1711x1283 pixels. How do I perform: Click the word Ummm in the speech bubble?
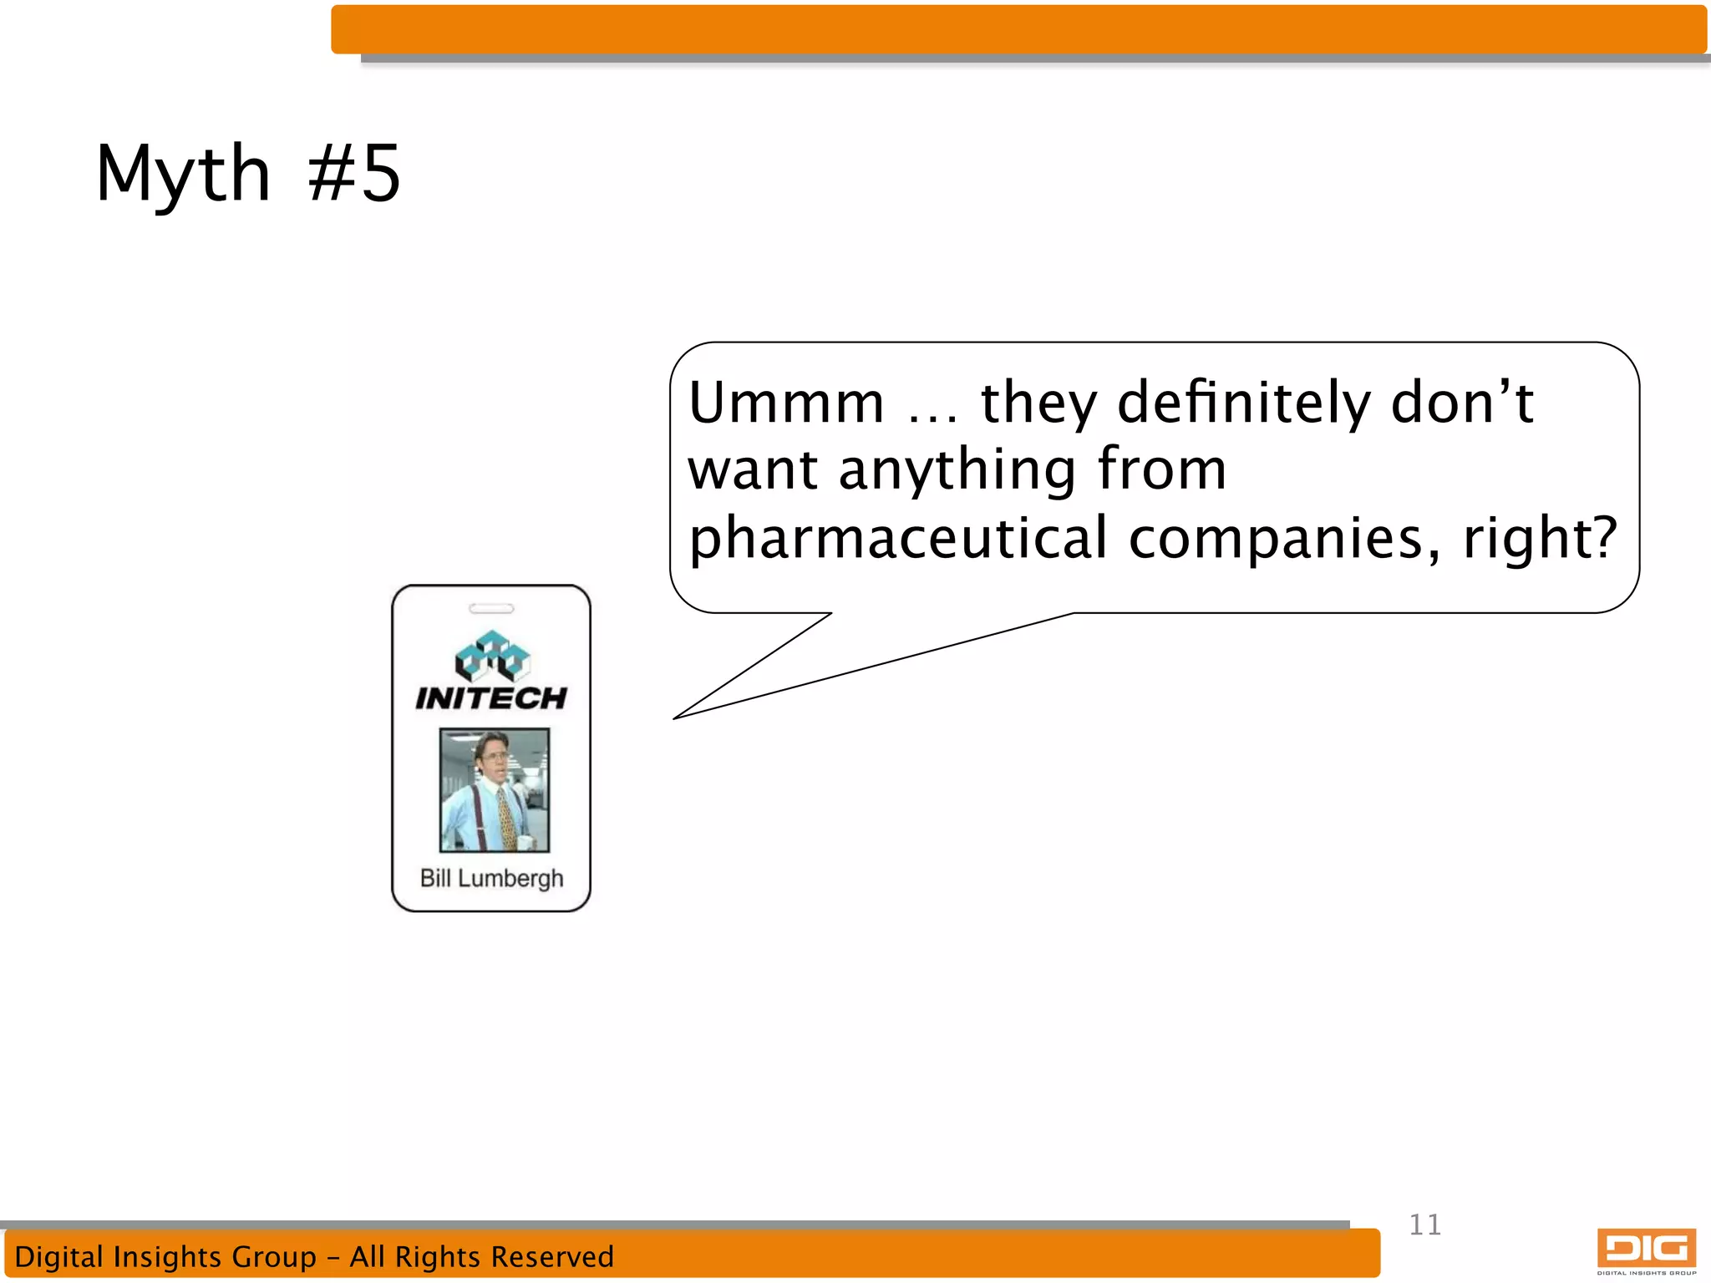[786, 403]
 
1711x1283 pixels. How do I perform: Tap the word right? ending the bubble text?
[1540, 539]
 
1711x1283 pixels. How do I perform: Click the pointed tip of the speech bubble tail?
[676, 718]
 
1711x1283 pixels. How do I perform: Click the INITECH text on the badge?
[491, 698]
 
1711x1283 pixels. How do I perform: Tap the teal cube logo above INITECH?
[492, 656]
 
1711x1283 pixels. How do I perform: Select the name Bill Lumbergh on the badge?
[491, 879]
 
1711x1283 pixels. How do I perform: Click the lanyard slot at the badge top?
[491, 608]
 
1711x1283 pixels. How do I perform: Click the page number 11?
[1425, 1225]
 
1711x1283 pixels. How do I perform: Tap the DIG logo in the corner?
[1646, 1250]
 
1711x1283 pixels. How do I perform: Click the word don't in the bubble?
[1462, 403]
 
